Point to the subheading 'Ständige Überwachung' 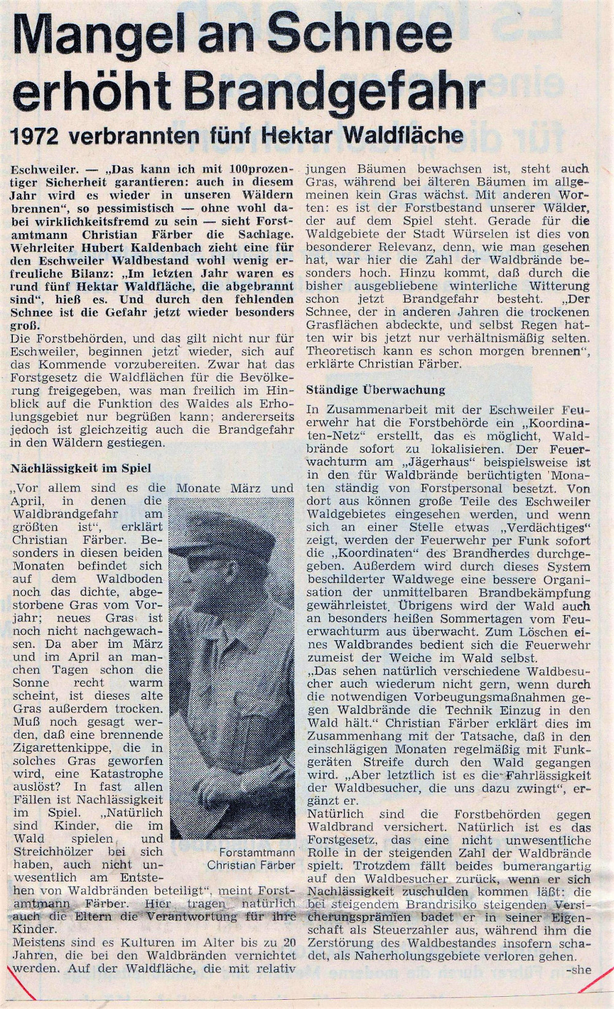click(376, 390)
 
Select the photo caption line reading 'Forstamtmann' click(257, 853)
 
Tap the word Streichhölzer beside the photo click(50, 852)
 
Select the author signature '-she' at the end click(580, 970)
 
